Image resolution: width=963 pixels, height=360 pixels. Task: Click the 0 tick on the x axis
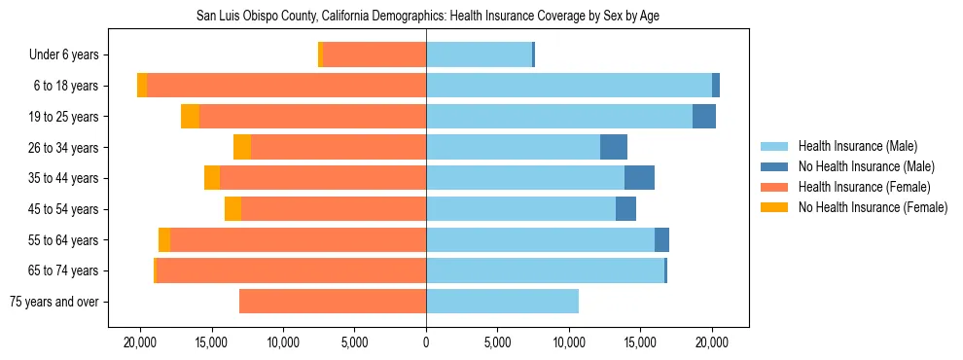[426, 342]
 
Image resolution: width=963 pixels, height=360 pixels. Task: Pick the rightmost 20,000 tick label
[712, 342]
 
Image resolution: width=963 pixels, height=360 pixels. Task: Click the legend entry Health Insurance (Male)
[857, 146]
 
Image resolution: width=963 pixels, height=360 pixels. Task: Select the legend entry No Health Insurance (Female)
[872, 207]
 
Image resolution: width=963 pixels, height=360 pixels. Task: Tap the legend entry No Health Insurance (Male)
[865, 166]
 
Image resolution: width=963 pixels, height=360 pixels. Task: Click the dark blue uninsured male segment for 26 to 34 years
[614, 147]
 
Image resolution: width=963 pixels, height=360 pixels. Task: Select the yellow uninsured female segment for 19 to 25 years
[190, 117]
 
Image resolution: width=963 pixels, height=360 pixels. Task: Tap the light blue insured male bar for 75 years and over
[502, 302]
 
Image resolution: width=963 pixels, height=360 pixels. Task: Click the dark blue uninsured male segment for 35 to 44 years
[639, 178]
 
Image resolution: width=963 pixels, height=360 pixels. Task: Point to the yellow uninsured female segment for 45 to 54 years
[232, 209]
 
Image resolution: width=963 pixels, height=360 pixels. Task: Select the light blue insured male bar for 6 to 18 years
[569, 86]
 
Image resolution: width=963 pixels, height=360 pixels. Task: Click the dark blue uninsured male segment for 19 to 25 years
[704, 117]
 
